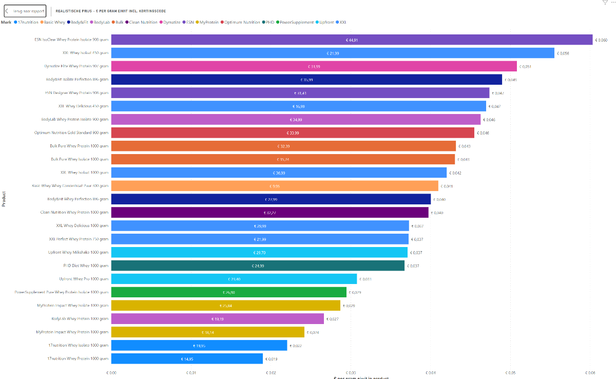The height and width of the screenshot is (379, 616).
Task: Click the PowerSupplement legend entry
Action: (x=295, y=23)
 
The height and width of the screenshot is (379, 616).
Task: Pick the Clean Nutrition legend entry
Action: (x=141, y=23)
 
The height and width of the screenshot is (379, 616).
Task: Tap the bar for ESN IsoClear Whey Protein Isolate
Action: (x=352, y=40)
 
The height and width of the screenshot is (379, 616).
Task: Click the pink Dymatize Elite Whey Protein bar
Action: (x=314, y=66)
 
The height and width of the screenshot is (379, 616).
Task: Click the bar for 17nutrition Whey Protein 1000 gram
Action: (x=187, y=358)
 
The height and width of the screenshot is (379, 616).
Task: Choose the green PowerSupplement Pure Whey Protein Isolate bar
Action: (x=228, y=292)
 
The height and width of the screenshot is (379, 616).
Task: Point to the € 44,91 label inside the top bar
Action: (x=352, y=40)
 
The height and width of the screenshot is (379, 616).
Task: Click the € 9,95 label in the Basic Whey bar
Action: (x=275, y=186)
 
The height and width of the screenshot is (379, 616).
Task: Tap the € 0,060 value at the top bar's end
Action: (x=601, y=40)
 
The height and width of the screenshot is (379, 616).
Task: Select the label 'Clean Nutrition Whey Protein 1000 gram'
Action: (x=74, y=212)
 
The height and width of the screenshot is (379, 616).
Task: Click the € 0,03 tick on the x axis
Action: (x=351, y=373)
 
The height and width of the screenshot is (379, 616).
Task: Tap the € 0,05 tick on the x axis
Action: (x=510, y=373)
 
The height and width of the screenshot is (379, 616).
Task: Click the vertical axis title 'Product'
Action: (x=4, y=199)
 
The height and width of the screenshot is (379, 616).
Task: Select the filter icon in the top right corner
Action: (x=605, y=2)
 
